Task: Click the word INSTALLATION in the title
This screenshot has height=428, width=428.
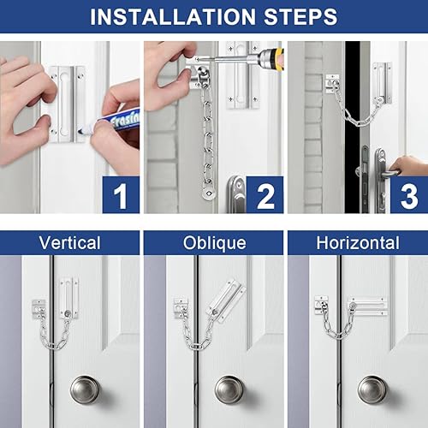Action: coord(173,17)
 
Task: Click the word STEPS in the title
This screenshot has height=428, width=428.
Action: coord(300,17)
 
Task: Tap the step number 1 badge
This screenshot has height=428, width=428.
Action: coord(121,194)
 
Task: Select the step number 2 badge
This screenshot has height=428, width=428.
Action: coord(265,194)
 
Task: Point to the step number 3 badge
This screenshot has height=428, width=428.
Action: coord(409,194)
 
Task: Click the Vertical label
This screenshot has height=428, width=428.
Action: coord(70,243)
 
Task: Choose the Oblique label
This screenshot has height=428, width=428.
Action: coord(215,243)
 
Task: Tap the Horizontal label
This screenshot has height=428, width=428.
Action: coord(358,243)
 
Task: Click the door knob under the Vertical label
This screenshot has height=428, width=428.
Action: coord(85,389)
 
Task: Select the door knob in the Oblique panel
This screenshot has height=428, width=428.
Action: coord(229,389)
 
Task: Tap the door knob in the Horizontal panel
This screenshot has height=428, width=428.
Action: coord(372,389)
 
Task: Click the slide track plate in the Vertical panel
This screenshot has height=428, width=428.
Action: coord(68,298)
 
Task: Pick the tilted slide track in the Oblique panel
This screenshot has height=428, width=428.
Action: coord(228,301)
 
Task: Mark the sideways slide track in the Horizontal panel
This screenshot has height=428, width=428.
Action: coord(368,306)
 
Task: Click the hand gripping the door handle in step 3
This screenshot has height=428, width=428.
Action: coord(408,166)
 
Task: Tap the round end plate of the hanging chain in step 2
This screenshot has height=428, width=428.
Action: coord(208,194)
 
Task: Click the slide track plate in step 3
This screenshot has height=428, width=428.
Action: coord(382,83)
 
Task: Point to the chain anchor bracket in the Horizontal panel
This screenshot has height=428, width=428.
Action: coord(322,306)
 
